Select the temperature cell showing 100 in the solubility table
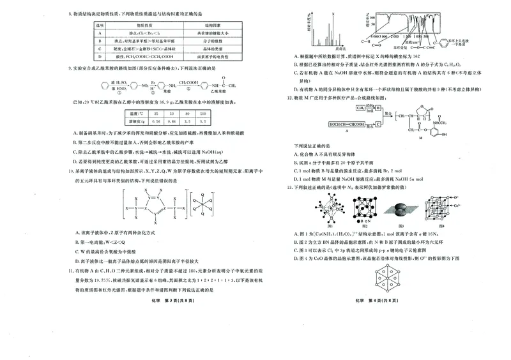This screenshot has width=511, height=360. [202, 112]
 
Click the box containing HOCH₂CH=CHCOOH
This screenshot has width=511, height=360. [349, 124]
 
